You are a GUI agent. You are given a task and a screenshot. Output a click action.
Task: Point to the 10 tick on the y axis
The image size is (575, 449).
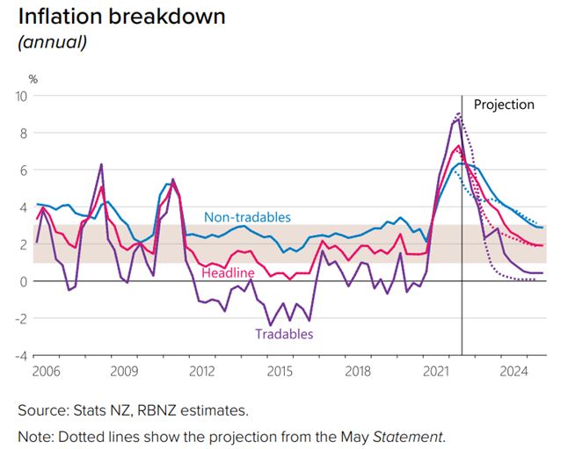(21, 96)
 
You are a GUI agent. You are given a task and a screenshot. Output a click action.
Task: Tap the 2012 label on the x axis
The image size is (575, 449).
(201, 373)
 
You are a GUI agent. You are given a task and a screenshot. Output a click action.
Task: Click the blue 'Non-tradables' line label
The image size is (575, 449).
(247, 217)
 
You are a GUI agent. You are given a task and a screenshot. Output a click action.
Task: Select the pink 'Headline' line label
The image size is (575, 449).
(228, 273)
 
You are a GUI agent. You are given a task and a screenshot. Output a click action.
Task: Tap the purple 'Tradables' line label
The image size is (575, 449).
(284, 334)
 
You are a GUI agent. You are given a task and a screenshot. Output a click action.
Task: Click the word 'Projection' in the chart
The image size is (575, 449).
(504, 105)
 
